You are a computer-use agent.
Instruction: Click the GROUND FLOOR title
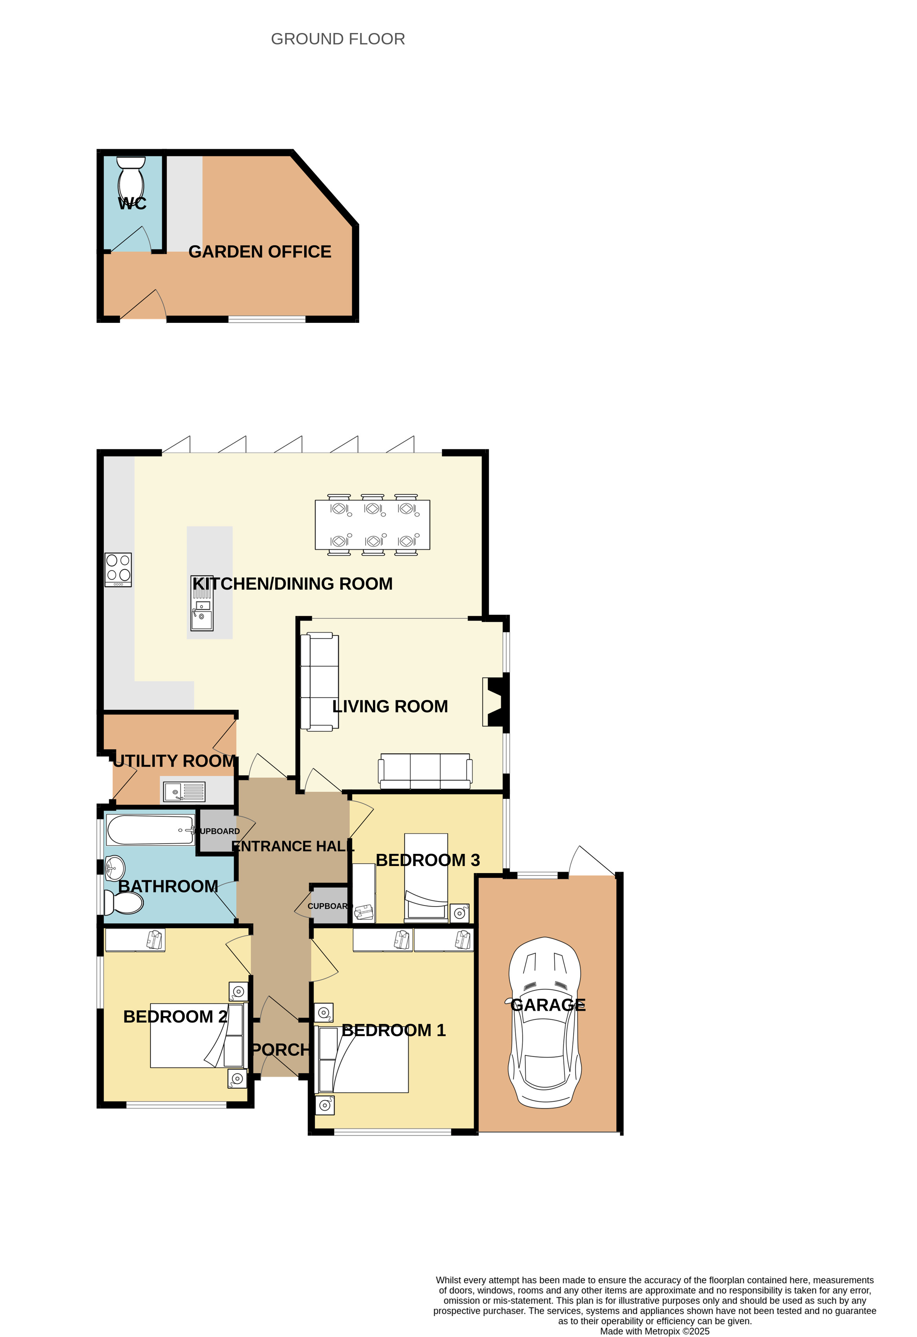[x=338, y=39]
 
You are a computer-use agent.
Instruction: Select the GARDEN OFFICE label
[x=260, y=252]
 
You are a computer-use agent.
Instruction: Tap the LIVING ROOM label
[x=390, y=707]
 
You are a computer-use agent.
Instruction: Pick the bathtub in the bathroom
[x=151, y=830]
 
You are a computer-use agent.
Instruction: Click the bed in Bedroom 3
[x=426, y=878]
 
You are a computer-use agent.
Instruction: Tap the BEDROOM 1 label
[x=394, y=1030]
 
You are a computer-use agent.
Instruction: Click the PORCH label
[x=281, y=1050]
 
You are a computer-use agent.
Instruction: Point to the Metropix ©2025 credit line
[x=655, y=1331]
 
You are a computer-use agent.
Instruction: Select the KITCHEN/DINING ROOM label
[x=292, y=584]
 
